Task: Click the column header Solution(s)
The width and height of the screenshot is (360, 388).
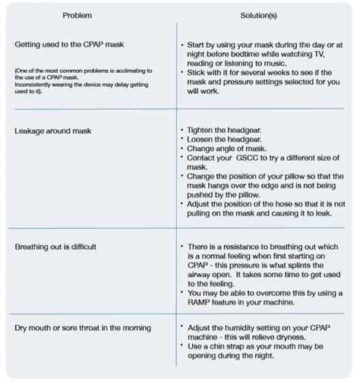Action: pos(259,15)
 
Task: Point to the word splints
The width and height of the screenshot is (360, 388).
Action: pos(306,265)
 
